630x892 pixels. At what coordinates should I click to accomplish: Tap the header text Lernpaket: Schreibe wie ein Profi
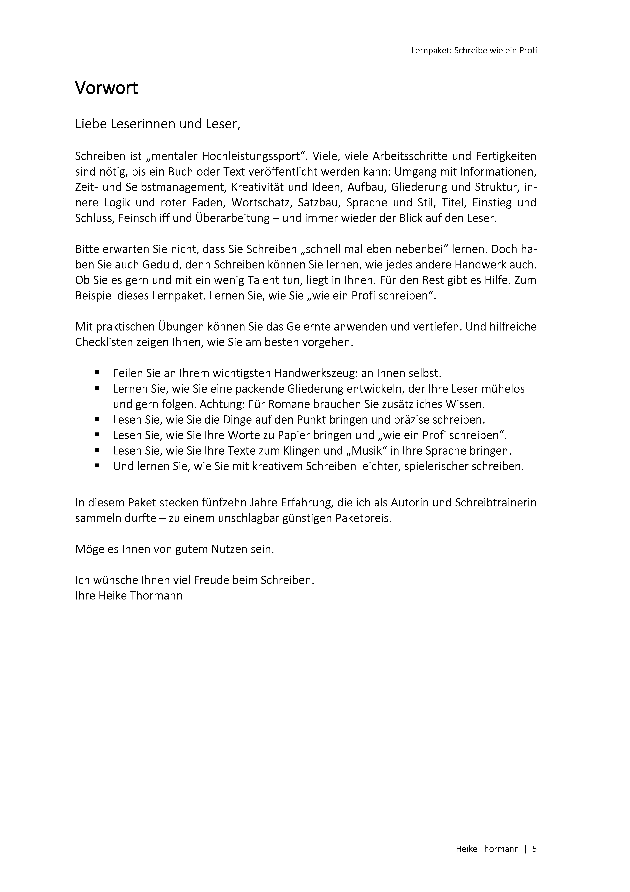[474, 50]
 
